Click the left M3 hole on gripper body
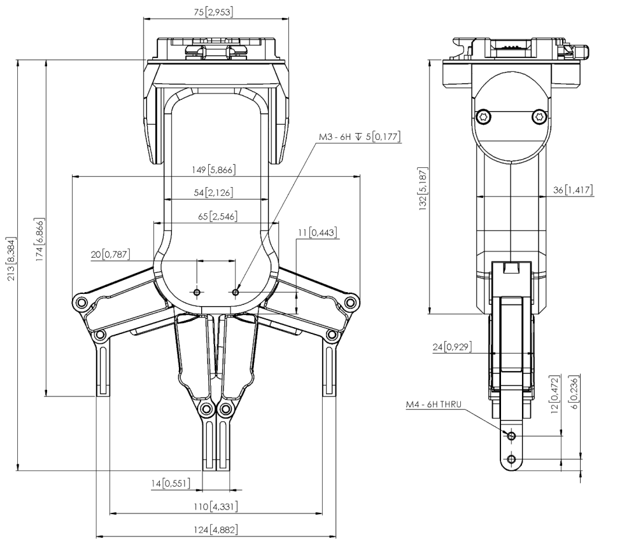197,292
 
